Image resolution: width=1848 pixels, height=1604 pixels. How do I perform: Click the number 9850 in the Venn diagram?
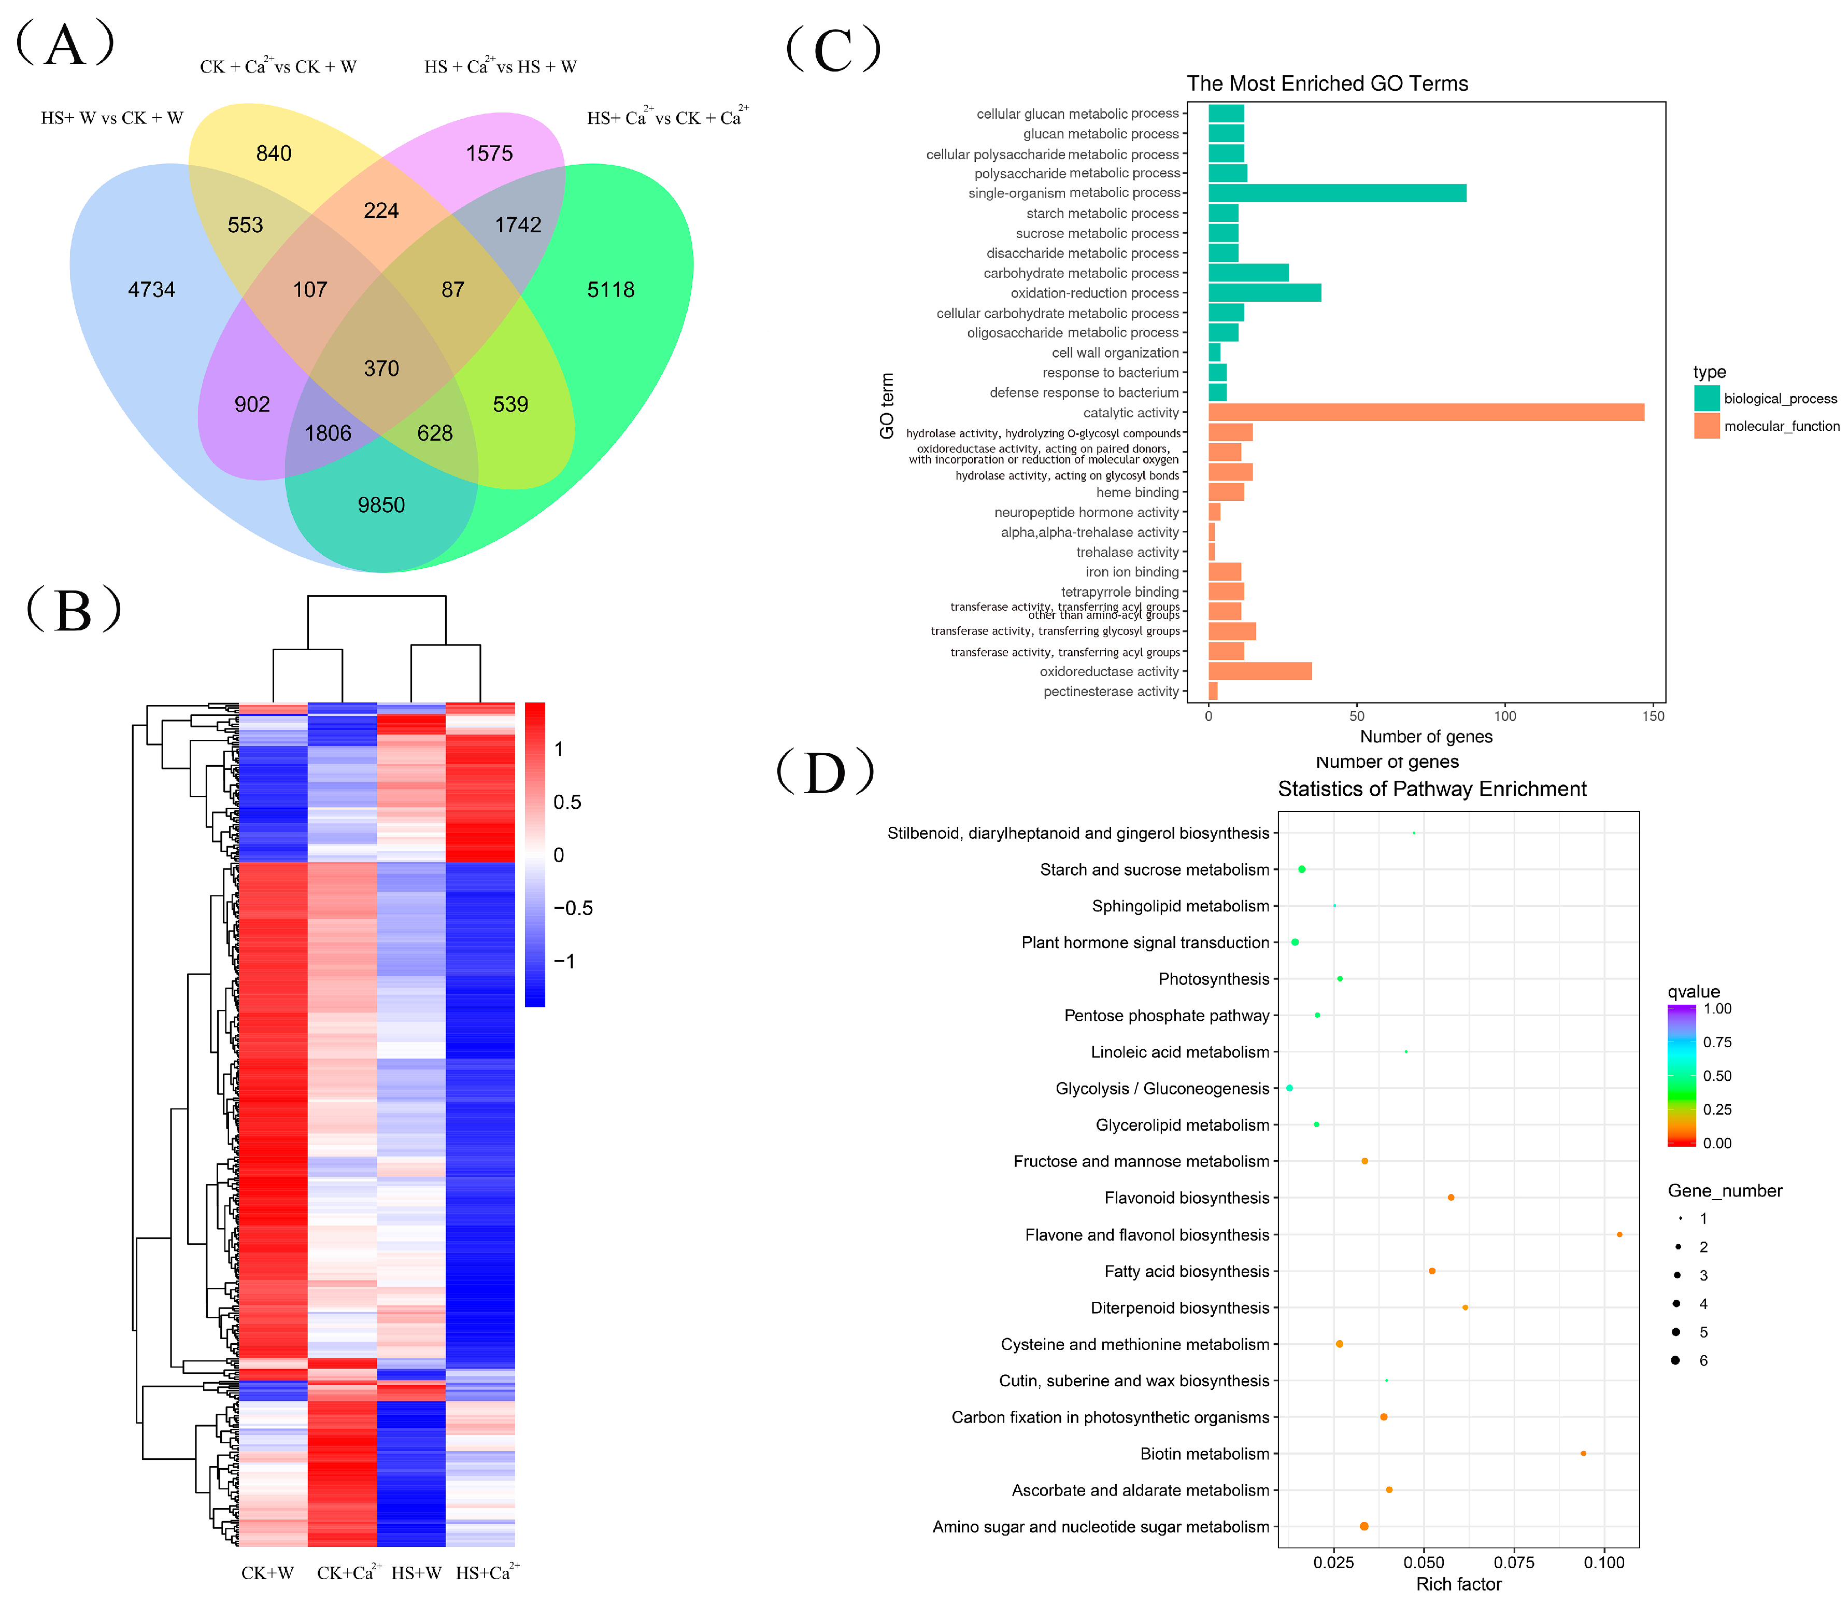[381, 505]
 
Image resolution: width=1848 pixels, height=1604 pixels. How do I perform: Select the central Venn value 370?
[381, 368]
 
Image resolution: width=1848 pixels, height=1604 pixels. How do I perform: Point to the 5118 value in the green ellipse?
[610, 289]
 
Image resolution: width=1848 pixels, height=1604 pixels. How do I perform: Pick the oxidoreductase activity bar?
[1259, 671]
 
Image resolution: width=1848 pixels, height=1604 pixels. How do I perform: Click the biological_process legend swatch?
[1705, 398]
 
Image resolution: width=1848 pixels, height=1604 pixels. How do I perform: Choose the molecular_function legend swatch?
[1705, 426]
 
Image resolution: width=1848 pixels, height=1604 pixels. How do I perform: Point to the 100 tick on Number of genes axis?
[1505, 716]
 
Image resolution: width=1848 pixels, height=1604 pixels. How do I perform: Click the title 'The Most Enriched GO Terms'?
[1327, 83]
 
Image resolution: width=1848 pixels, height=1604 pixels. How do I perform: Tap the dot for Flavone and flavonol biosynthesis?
[1619, 1234]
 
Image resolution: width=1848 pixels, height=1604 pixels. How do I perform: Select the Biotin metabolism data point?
[1583, 1454]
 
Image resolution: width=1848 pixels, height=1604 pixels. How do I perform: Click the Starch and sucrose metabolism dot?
[1302, 869]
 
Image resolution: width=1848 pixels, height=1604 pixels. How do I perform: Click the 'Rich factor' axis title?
[1459, 1584]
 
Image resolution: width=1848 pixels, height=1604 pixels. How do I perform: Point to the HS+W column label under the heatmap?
[416, 1573]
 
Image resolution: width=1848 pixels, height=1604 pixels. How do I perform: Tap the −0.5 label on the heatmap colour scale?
[573, 908]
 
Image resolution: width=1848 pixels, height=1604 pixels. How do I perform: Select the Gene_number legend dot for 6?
[1674, 1360]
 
